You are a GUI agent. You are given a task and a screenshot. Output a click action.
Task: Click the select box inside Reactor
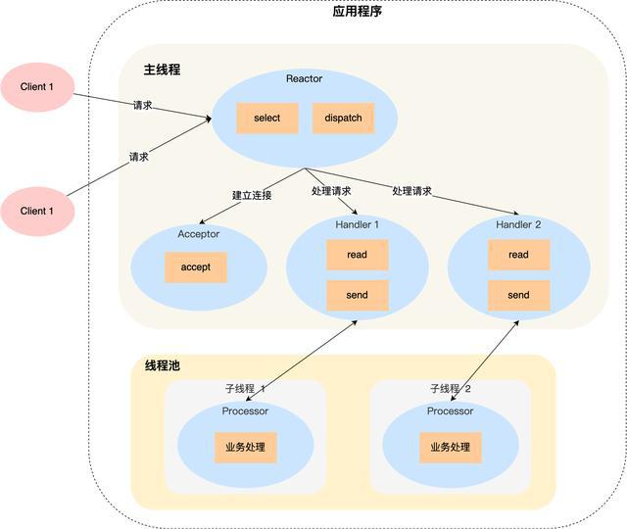(266, 118)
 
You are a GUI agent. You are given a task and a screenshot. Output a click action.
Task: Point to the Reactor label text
(304, 78)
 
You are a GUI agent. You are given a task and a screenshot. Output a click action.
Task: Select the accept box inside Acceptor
(196, 267)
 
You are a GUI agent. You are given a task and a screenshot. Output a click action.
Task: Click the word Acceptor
(198, 234)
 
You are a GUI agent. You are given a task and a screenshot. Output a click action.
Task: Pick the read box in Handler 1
(357, 255)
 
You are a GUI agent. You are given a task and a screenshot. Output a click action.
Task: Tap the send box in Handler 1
(357, 295)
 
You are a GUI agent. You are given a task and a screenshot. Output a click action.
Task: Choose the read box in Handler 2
(518, 255)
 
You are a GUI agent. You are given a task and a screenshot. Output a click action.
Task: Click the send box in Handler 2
(518, 295)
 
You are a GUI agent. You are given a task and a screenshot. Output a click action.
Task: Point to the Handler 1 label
(357, 224)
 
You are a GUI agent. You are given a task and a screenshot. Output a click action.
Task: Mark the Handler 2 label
(518, 224)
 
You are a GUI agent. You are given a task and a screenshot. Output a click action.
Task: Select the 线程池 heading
(162, 365)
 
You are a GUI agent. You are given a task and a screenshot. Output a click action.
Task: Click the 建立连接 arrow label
(252, 195)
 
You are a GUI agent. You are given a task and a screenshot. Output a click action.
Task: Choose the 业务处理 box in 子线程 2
(450, 448)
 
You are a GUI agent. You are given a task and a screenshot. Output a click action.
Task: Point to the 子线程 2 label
(451, 389)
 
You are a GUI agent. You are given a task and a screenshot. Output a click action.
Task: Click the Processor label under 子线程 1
(245, 411)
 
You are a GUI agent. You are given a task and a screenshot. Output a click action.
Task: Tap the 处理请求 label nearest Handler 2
(411, 190)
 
